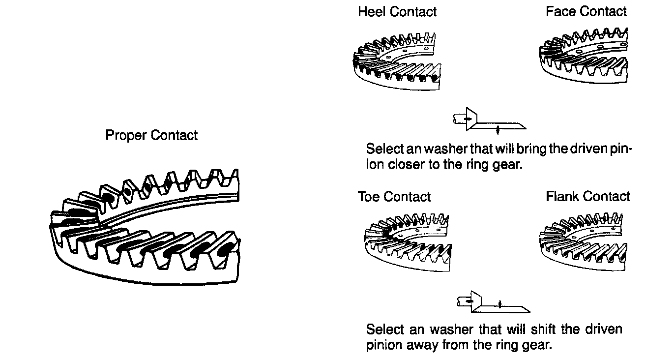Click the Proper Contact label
151,135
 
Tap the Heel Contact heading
397,12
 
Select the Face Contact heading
586,12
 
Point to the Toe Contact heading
394,197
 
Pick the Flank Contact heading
588,197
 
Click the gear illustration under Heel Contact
396,60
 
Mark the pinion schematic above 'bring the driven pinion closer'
489,121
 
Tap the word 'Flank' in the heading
563,197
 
